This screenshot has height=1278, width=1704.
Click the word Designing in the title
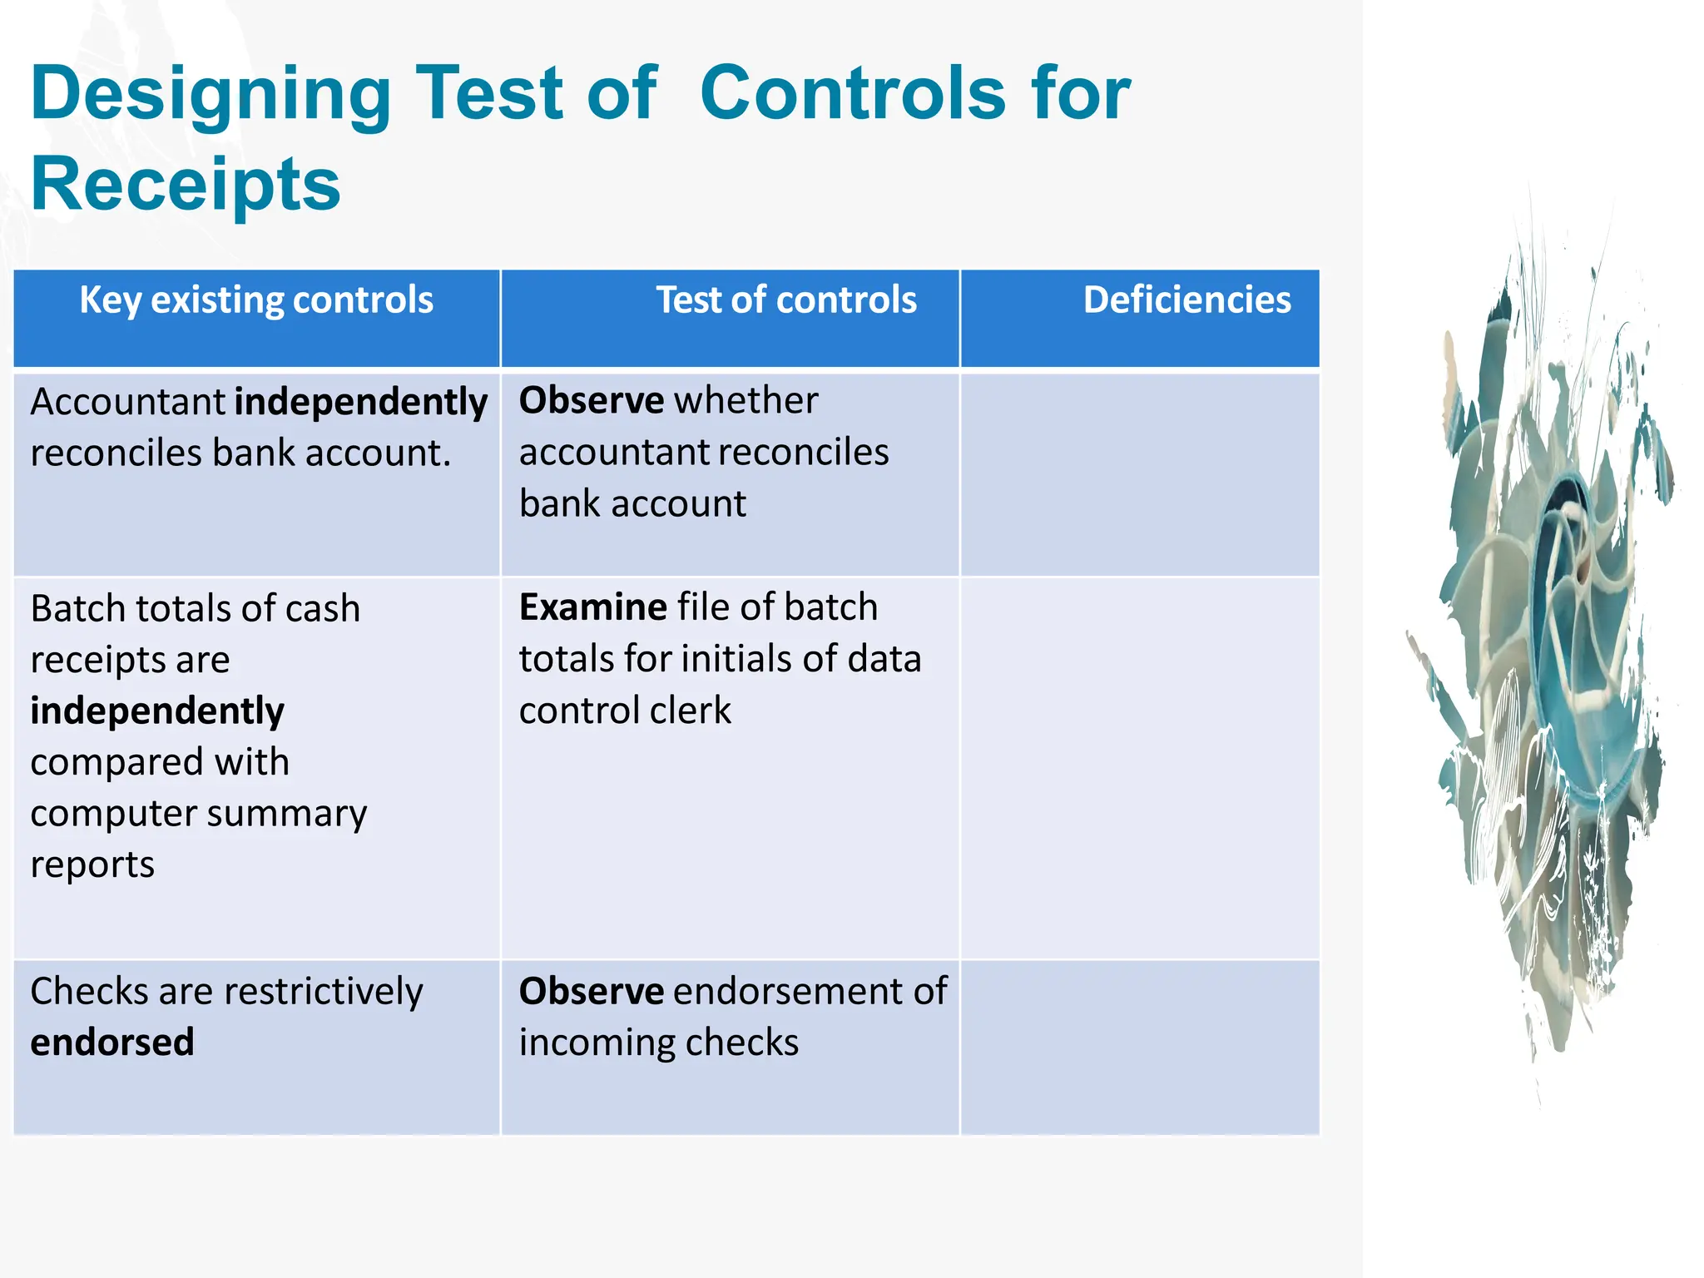tap(211, 96)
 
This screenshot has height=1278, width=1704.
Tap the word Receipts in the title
tap(186, 185)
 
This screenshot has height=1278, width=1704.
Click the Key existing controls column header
tap(256, 300)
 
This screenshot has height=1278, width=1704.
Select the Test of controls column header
tap(785, 300)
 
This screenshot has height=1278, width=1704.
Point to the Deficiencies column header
tap(1186, 300)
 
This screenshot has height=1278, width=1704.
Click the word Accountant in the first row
tap(127, 403)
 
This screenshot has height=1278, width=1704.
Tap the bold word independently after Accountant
tap(361, 403)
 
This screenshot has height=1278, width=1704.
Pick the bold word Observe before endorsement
tap(591, 992)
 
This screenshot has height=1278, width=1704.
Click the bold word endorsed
tap(112, 1043)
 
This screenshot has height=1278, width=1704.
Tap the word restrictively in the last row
tap(324, 992)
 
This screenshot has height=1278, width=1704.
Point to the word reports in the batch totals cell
tap(92, 865)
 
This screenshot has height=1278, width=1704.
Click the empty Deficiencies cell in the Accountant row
tap(1139, 474)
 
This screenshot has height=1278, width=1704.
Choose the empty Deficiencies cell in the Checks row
tap(1139, 1047)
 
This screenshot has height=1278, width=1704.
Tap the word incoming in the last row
tap(588, 1043)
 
